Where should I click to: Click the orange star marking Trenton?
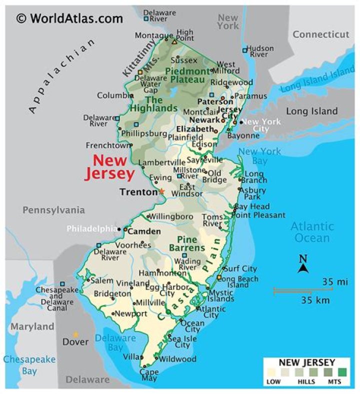coord(161,191)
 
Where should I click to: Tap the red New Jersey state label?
coord(110,167)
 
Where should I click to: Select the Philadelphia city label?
coord(92,229)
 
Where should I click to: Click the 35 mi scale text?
coord(334,281)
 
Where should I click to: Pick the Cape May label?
coord(149,375)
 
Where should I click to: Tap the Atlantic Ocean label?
coord(312,232)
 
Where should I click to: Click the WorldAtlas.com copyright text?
coord(69,18)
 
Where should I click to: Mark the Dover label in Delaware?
coord(75,342)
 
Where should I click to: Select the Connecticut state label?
coord(320,34)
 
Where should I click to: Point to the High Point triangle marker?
coord(174,41)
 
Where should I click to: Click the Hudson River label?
coord(260,51)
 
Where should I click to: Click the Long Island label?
coord(311,111)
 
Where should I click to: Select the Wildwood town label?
coord(177,359)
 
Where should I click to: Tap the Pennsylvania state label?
coord(53,210)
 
